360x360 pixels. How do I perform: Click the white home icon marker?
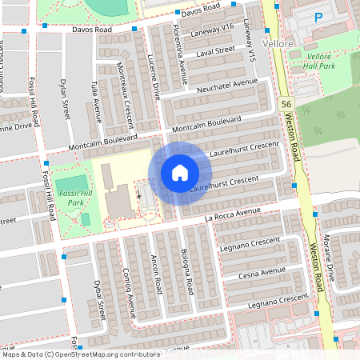180,173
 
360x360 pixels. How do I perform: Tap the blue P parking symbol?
318,17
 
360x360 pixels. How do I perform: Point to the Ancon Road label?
157,274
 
